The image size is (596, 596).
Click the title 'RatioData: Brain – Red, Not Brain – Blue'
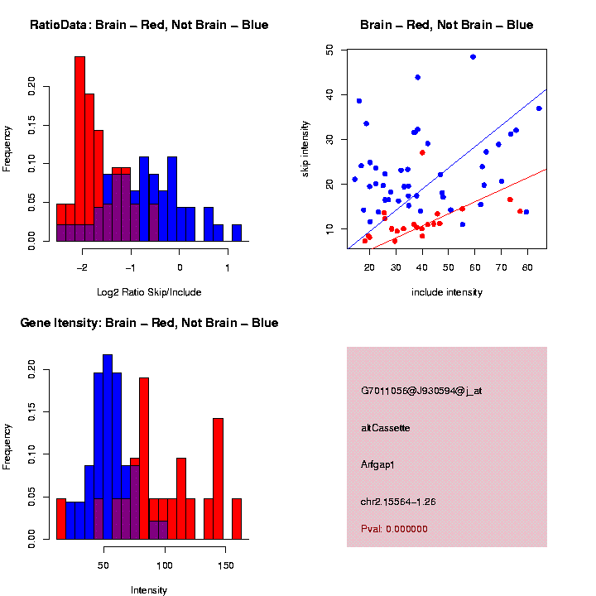point(149,25)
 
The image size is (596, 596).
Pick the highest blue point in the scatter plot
point(473,56)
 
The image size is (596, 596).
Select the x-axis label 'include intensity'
point(447,292)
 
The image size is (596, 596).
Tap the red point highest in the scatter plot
point(422,152)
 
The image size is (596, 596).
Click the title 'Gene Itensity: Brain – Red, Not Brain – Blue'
point(149,323)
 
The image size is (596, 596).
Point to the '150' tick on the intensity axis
point(226,565)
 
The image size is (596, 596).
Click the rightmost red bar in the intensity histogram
point(237,519)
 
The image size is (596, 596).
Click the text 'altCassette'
point(386,428)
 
